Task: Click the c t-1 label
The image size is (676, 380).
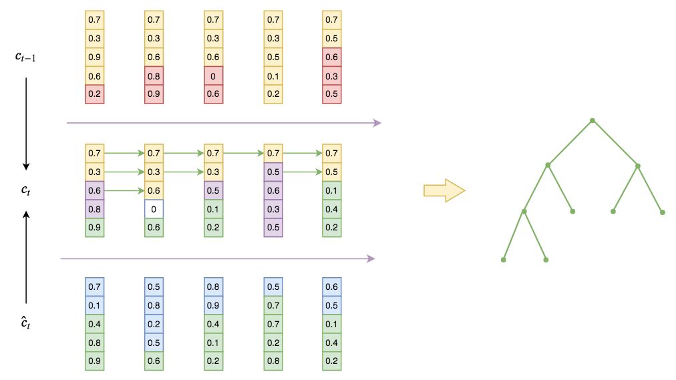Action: click(27, 57)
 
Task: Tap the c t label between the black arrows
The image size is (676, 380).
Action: click(25, 191)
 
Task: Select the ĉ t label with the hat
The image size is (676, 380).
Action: click(25, 325)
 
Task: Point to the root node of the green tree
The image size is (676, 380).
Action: click(592, 121)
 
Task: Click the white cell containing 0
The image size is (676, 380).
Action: click(154, 209)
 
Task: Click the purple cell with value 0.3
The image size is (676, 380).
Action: click(273, 209)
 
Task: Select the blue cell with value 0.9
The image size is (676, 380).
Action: click(214, 306)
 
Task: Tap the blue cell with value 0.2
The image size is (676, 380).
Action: click(154, 325)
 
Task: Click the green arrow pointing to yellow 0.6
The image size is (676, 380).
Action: click(124, 191)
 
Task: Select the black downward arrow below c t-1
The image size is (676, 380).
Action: click(26, 124)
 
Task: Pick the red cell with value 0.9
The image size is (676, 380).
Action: click(154, 94)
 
